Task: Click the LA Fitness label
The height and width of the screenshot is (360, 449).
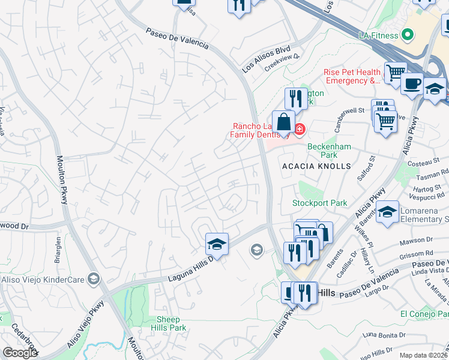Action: (x=378, y=35)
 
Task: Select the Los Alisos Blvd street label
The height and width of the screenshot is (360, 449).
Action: (x=266, y=59)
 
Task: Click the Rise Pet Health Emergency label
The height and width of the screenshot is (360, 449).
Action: (x=352, y=76)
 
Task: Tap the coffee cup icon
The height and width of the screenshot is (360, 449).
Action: (x=412, y=84)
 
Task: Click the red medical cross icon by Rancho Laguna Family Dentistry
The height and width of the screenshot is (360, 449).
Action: (x=299, y=129)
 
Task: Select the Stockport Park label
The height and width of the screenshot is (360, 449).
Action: (x=319, y=203)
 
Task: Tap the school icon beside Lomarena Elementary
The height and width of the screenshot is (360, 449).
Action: (x=388, y=212)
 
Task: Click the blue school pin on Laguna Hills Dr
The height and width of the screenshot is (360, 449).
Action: (x=217, y=244)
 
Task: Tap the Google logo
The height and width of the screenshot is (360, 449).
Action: (x=19, y=353)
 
